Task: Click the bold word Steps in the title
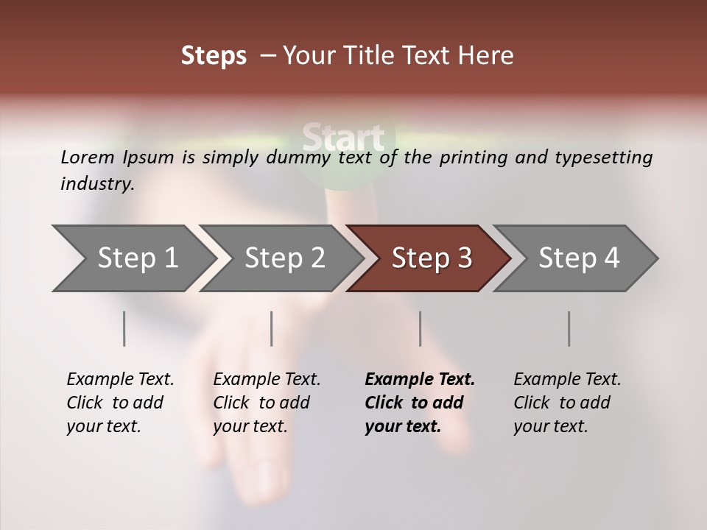[214, 56]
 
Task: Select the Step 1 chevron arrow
[133, 258]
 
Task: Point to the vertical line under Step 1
[124, 328]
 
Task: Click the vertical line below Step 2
[272, 328]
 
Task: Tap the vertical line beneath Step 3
[421, 328]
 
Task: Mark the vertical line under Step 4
[569, 328]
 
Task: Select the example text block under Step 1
[119, 403]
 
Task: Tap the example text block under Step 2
[266, 403]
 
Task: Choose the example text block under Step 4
[566, 403]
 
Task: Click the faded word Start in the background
[343, 138]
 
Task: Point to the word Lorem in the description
[88, 158]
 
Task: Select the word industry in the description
[96, 184]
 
